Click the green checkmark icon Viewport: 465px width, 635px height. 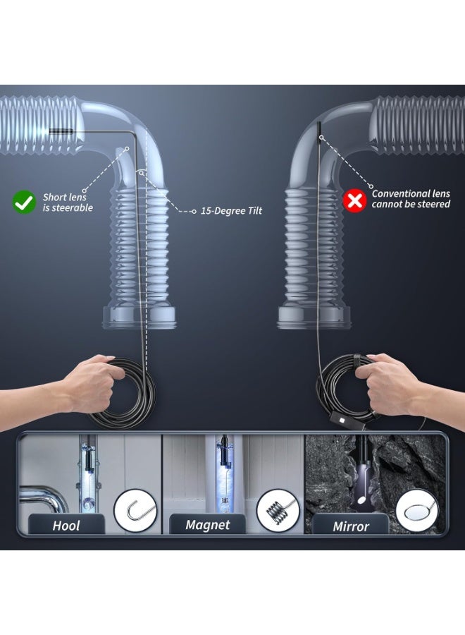pyautogui.click(x=24, y=202)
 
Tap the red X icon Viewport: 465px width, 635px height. pyautogui.click(x=354, y=200)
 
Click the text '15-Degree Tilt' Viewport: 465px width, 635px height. pyautogui.click(x=231, y=210)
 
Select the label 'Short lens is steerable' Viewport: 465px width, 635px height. pyautogui.click(x=68, y=202)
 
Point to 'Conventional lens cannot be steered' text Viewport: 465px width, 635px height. pyautogui.click(x=411, y=199)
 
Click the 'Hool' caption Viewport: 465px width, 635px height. pyautogui.click(x=66, y=526)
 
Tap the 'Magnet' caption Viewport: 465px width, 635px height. pyautogui.click(x=207, y=525)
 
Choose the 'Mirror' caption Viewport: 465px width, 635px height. pyautogui.click(x=351, y=526)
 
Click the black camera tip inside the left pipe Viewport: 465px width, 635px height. pyautogui.click(x=61, y=131)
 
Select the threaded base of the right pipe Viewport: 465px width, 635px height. pyautogui.click(x=314, y=317)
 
